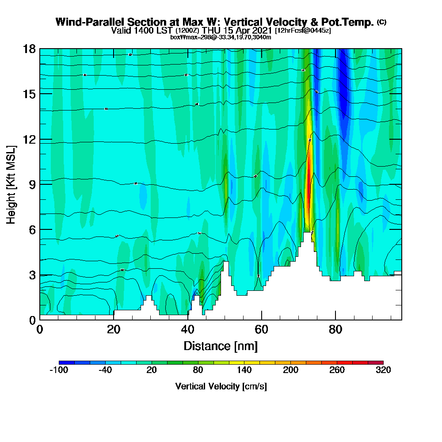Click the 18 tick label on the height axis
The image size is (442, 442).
[x=30, y=49]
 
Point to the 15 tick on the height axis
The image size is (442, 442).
[x=30, y=94]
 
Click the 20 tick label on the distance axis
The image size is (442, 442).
[x=114, y=329]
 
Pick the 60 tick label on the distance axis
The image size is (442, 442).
[x=262, y=329]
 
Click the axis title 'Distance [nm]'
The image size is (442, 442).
[x=221, y=346]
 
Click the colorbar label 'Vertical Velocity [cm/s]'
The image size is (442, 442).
[x=221, y=386]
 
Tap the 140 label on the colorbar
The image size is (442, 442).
[x=244, y=370]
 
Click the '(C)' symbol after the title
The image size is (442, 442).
[x=381, y=22]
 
